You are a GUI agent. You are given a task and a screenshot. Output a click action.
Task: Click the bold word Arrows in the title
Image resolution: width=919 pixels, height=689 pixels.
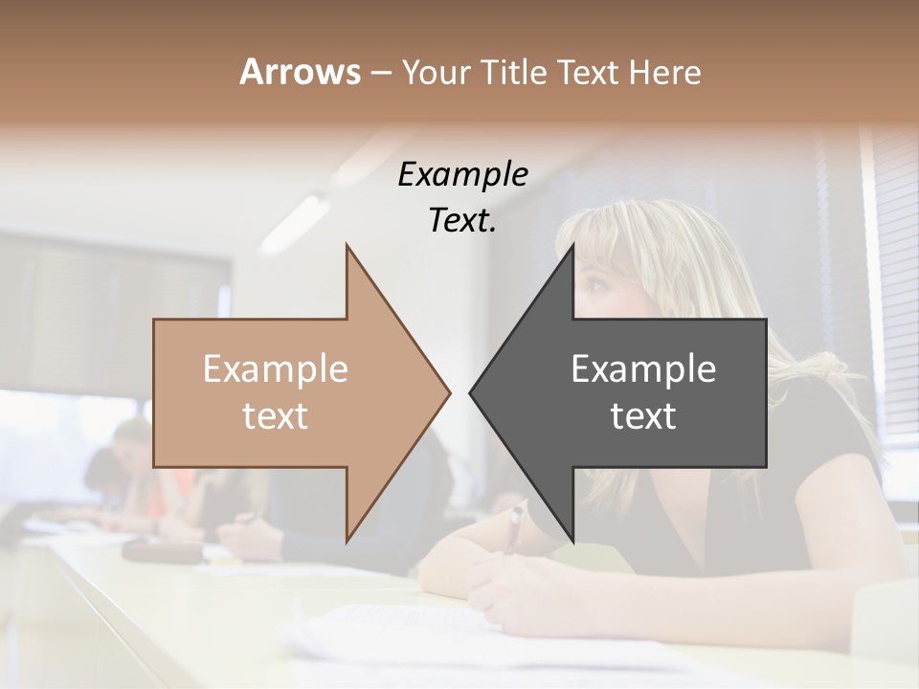point(299,72)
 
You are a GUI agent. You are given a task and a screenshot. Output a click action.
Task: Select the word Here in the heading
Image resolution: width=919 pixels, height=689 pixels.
point(666,72)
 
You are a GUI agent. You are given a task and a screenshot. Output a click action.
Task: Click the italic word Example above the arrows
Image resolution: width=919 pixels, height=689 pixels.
point(462,174)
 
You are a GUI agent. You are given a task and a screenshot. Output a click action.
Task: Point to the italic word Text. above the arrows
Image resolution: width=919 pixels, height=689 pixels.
point(462,220)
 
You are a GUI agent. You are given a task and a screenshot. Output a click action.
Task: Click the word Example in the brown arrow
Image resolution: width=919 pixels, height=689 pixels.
point(276,368)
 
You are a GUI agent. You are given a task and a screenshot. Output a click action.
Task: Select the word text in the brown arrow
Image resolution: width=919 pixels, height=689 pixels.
point(276,416)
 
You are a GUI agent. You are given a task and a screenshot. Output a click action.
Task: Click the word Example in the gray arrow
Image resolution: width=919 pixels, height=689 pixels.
point(643,368)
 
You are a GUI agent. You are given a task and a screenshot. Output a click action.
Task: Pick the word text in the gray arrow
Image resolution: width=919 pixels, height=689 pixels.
point(643,416)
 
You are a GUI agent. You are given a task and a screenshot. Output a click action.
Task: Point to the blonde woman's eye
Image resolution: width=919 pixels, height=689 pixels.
point(595,284)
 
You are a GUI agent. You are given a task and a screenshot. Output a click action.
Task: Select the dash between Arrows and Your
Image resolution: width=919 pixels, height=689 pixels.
point(380,73)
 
